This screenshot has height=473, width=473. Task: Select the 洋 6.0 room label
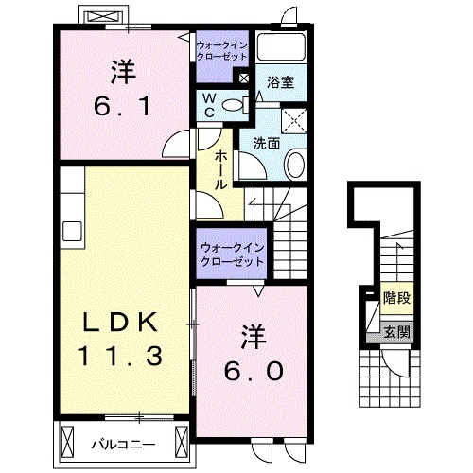point(251,354)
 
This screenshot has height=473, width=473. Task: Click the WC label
point(209,104)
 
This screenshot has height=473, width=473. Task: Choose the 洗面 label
point(265,144)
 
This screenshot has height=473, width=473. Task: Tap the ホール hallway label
point(220,169)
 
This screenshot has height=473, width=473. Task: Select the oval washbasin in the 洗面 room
point(294,166)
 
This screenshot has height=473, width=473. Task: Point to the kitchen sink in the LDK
point(71,231)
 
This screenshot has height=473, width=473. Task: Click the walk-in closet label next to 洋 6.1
point(220,50)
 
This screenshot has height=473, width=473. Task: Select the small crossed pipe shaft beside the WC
point(244,79)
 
